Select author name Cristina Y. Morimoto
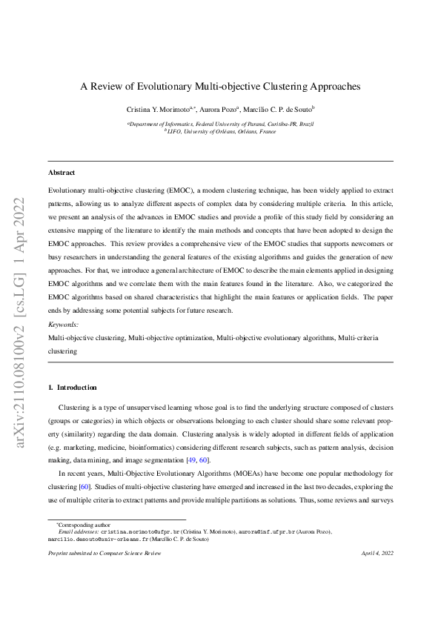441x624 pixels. pyautogui.click(x=157, y=109)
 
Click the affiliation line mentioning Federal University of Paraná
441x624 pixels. pyautogui.click(x=221, y=124)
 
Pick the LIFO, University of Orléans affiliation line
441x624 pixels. pyautogui.click(x=221, y=131)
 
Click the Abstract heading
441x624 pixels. pyautogui.click(x=62, y=173)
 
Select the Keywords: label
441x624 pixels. pyautogui.click(x=63, y=325)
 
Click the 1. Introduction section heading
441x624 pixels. pyautogui.click(x=72, y=388)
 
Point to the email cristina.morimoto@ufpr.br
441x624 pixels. pyautogui.click(x=136, y=532)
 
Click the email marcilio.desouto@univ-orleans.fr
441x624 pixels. pyautogui.click(x=99, y=540)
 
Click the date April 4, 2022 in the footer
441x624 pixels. pyautogui.click(x=377, y=554)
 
